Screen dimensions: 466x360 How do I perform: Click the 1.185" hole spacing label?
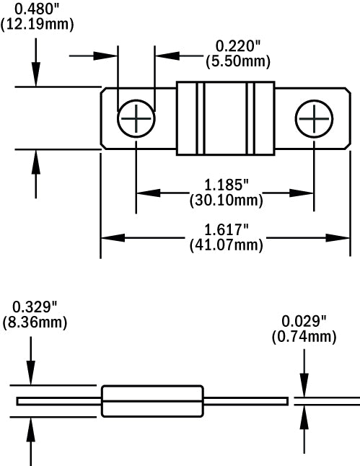pos(225,185)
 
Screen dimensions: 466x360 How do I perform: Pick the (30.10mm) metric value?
pos(225,200)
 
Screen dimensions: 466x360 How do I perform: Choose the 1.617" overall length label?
pos(225,230)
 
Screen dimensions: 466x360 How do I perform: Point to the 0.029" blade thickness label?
pos(304,321)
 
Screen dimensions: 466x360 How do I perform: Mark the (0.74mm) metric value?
pos(304,335)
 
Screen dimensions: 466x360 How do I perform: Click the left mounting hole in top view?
pos(136,118)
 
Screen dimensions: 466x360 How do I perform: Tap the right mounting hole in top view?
pos(314,118)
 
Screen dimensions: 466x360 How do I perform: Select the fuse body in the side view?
pos(154,401)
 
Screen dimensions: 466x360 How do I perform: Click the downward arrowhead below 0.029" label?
pos(304,388)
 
